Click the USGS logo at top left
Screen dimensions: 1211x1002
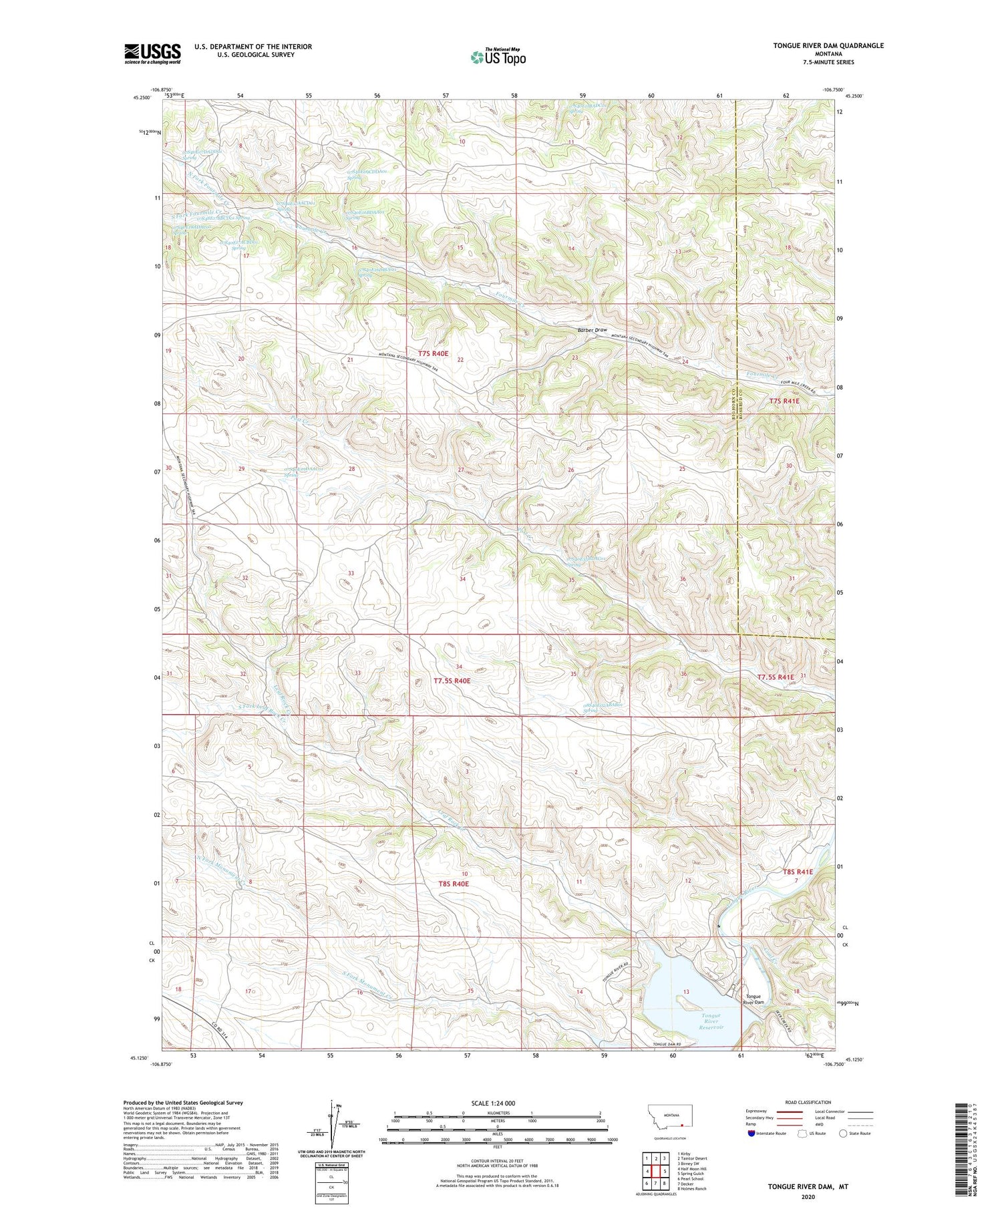[x=152, y=53]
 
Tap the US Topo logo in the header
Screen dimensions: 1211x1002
[x=498, y=57]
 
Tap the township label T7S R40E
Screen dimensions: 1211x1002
[x=434, y=353]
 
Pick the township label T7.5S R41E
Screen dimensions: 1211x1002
[x=776, y=677]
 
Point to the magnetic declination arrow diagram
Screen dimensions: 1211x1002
[x=332, y=1130]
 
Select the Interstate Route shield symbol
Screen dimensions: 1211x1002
[x=751, y=1134]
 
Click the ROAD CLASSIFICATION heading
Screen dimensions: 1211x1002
[x=808, y=1103]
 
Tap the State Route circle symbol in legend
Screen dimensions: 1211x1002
[x=843, y=1134]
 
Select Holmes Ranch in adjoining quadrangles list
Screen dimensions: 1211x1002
[x=691, y=1189]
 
